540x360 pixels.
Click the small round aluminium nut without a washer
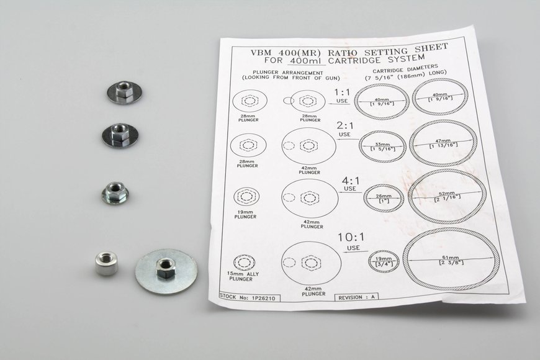pos(106,263)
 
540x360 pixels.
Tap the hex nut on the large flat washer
pos(165,268)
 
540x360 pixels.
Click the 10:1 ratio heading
pos(351,237)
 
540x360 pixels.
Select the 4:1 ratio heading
pos(351,181)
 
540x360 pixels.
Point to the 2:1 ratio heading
pos(344,125)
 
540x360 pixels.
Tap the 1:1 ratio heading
pos(341,92)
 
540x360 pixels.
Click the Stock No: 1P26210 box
pos(249,297)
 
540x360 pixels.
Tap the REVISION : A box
pos(356,297)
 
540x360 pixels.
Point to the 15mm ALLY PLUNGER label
pos(243,276)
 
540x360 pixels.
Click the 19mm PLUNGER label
pos(245,214)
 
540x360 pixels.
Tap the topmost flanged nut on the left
pos(124,92)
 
